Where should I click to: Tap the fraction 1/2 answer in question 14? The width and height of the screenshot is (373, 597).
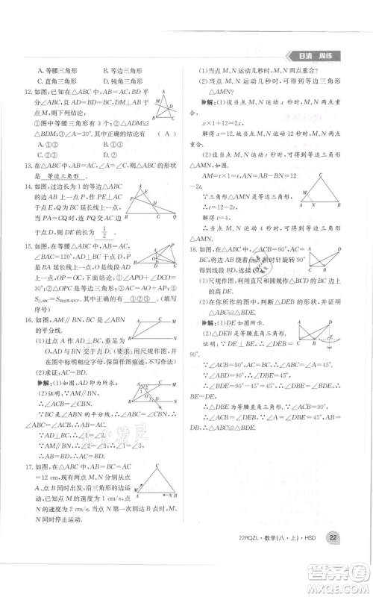103,234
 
